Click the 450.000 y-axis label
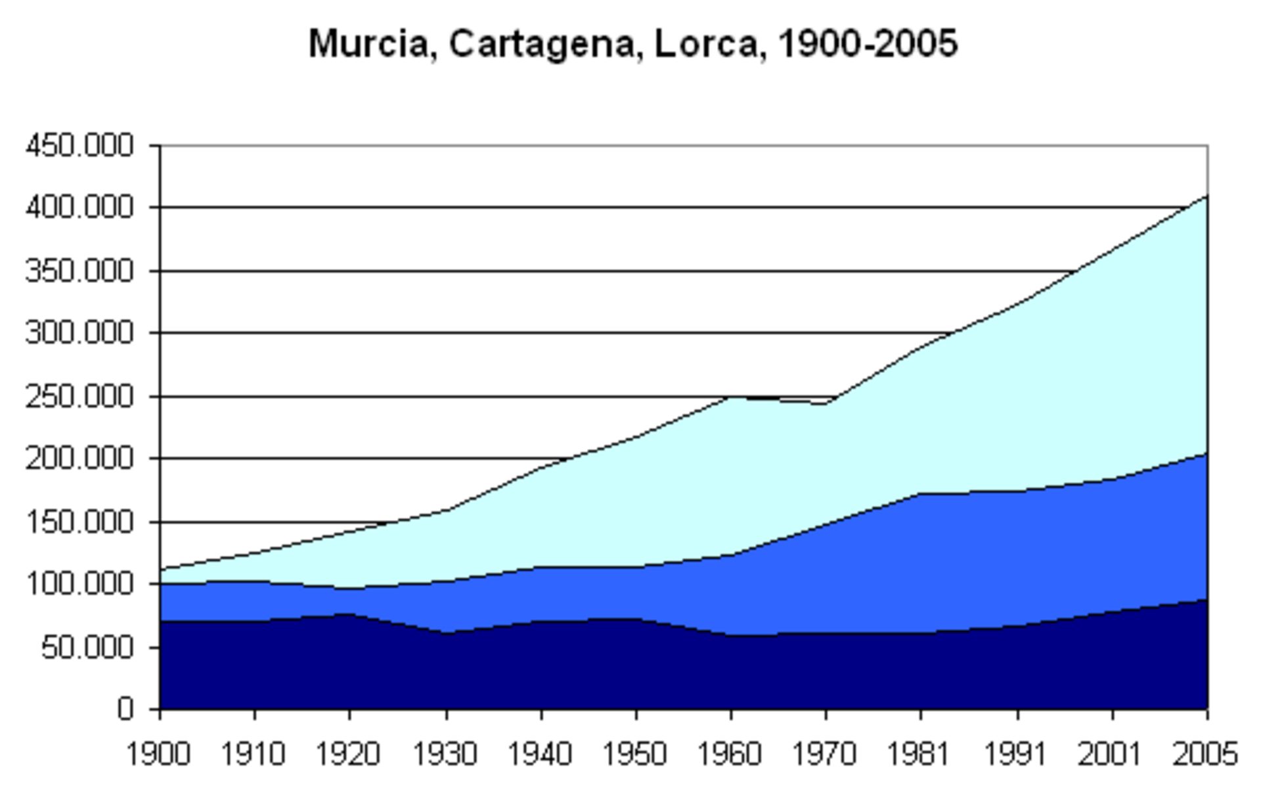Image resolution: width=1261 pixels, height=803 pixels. point(79,146)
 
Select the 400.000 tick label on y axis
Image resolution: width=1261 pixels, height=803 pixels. point(79,208)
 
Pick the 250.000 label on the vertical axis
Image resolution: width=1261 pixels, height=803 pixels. point(79,397)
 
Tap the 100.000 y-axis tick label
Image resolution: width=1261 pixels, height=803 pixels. point(79,584)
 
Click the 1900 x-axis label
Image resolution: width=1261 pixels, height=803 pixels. point(158,754)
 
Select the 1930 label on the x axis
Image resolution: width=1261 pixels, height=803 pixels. point(445,754)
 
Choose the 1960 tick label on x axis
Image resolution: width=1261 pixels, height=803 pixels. point(730,754)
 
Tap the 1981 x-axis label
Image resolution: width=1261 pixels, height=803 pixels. point(919,754)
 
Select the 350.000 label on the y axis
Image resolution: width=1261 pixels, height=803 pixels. point(79,271)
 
